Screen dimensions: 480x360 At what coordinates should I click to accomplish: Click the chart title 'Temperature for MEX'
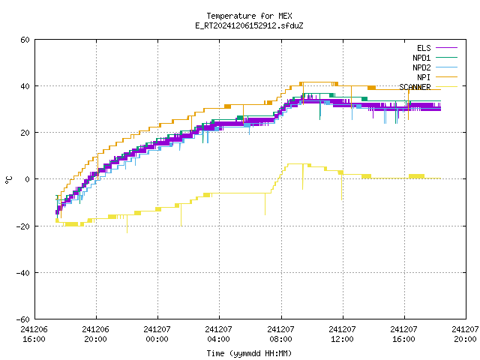pyautogui.click(x=249, y=16)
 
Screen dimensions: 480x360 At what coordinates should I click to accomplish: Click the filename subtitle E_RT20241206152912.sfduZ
pyautogui.click(x=249, y=25)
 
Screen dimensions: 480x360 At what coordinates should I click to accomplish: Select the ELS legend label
pyautogui.click(x=424, y=48)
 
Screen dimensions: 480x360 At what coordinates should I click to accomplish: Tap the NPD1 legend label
pyautogui.click(x=421, y=58)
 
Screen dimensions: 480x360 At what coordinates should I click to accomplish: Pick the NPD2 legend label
pyautogui.click(x=421, y=67)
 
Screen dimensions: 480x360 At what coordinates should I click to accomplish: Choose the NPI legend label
pyautogui.click(x=424, y=77)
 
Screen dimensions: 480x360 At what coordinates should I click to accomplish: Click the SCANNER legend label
pyautogui.click(x=415, y=87)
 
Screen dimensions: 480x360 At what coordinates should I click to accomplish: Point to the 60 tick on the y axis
pyautogui.click(x=25, y=40)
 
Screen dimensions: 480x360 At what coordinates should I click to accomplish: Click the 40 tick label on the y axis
pyautogui.click(x=25, y=86)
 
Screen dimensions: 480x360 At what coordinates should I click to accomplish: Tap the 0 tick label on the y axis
pyautogui.click(x=28, y=179)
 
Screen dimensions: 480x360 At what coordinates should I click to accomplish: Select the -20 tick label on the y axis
pyautogui.click(x=23, y=226)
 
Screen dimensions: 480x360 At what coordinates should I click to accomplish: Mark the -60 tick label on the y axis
pyautogui.click(x=23, y=319)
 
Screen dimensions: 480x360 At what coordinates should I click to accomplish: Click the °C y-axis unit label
pyautogui.click(x=8, y=180)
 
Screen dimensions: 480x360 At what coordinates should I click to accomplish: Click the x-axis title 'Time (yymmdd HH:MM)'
pyautogui.click(x=249, y=353)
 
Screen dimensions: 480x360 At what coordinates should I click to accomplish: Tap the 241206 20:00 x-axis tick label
pyautogui.click(x=95, y=334)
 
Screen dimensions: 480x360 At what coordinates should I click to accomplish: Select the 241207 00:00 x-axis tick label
pyautogui.click(x=157, y=334)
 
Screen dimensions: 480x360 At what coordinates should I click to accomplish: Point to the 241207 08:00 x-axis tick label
pyautogui.click(x=280, y=334)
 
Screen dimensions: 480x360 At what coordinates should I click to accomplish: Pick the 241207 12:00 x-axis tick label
pyautogui.click(x=342, y=334)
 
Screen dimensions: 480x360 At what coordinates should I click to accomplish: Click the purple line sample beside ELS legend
pyautogui.click(x=446, y=48)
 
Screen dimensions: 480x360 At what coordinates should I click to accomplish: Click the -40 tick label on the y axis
pyautogui.click(x=23, y=273)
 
